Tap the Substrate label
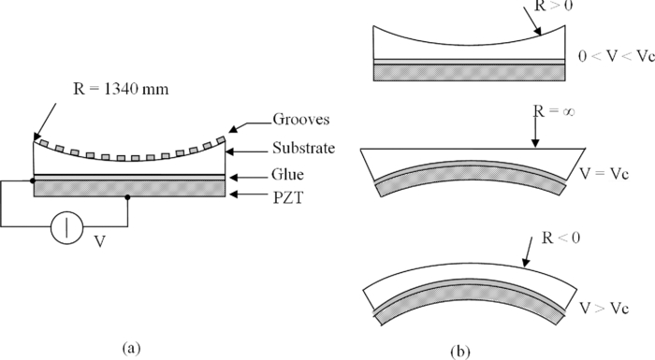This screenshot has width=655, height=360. [279, 149]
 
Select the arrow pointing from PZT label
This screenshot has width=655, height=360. [240, 194]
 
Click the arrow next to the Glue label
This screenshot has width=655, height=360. [240, 175]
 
